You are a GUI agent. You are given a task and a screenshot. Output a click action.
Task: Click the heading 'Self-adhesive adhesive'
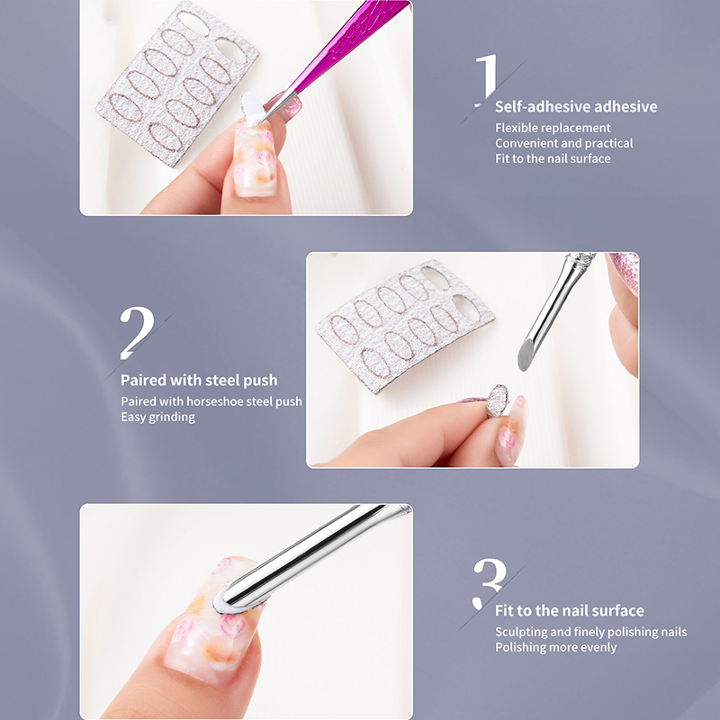pos(576,106)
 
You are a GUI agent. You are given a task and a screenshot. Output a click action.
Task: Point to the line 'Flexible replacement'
pos(553,128)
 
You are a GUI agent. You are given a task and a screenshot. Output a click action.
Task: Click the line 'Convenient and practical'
pos(564,143)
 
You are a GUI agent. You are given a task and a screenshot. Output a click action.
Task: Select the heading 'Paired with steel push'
pos(199,380)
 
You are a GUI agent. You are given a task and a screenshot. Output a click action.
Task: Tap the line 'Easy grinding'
pos(158,417)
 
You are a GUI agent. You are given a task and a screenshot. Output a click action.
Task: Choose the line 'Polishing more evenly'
pos(555,647)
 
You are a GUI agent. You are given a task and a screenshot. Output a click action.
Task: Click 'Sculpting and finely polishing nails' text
pos(591,632)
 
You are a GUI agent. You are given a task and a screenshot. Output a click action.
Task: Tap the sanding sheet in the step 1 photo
pos(176,83)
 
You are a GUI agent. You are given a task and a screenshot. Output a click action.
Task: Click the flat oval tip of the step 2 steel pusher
pos(525,355)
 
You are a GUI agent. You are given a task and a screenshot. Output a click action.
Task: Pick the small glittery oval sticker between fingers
pos(498,400)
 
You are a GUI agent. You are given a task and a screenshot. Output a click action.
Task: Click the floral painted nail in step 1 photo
pos(255,158)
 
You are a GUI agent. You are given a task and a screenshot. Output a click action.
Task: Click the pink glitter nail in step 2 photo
pos(625,271)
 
